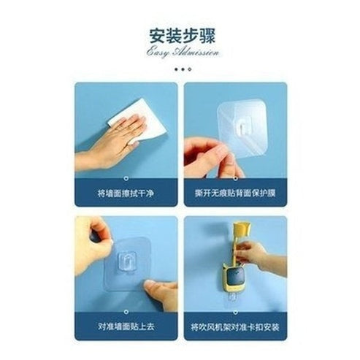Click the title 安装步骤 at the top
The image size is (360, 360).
point(180,35)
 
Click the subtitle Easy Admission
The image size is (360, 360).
point(180,53)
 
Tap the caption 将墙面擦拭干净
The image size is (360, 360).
point(126,194)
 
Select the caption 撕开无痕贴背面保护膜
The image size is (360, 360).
point(234,194)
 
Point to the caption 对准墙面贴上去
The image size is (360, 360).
point(126,326)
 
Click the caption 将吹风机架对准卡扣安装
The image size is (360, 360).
point(234,326)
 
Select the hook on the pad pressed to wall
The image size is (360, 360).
point(129,261)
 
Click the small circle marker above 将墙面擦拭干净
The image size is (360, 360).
point(126,177)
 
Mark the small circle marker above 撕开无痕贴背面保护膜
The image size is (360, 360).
point(234,177)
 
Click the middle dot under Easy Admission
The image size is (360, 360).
point(183,69)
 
